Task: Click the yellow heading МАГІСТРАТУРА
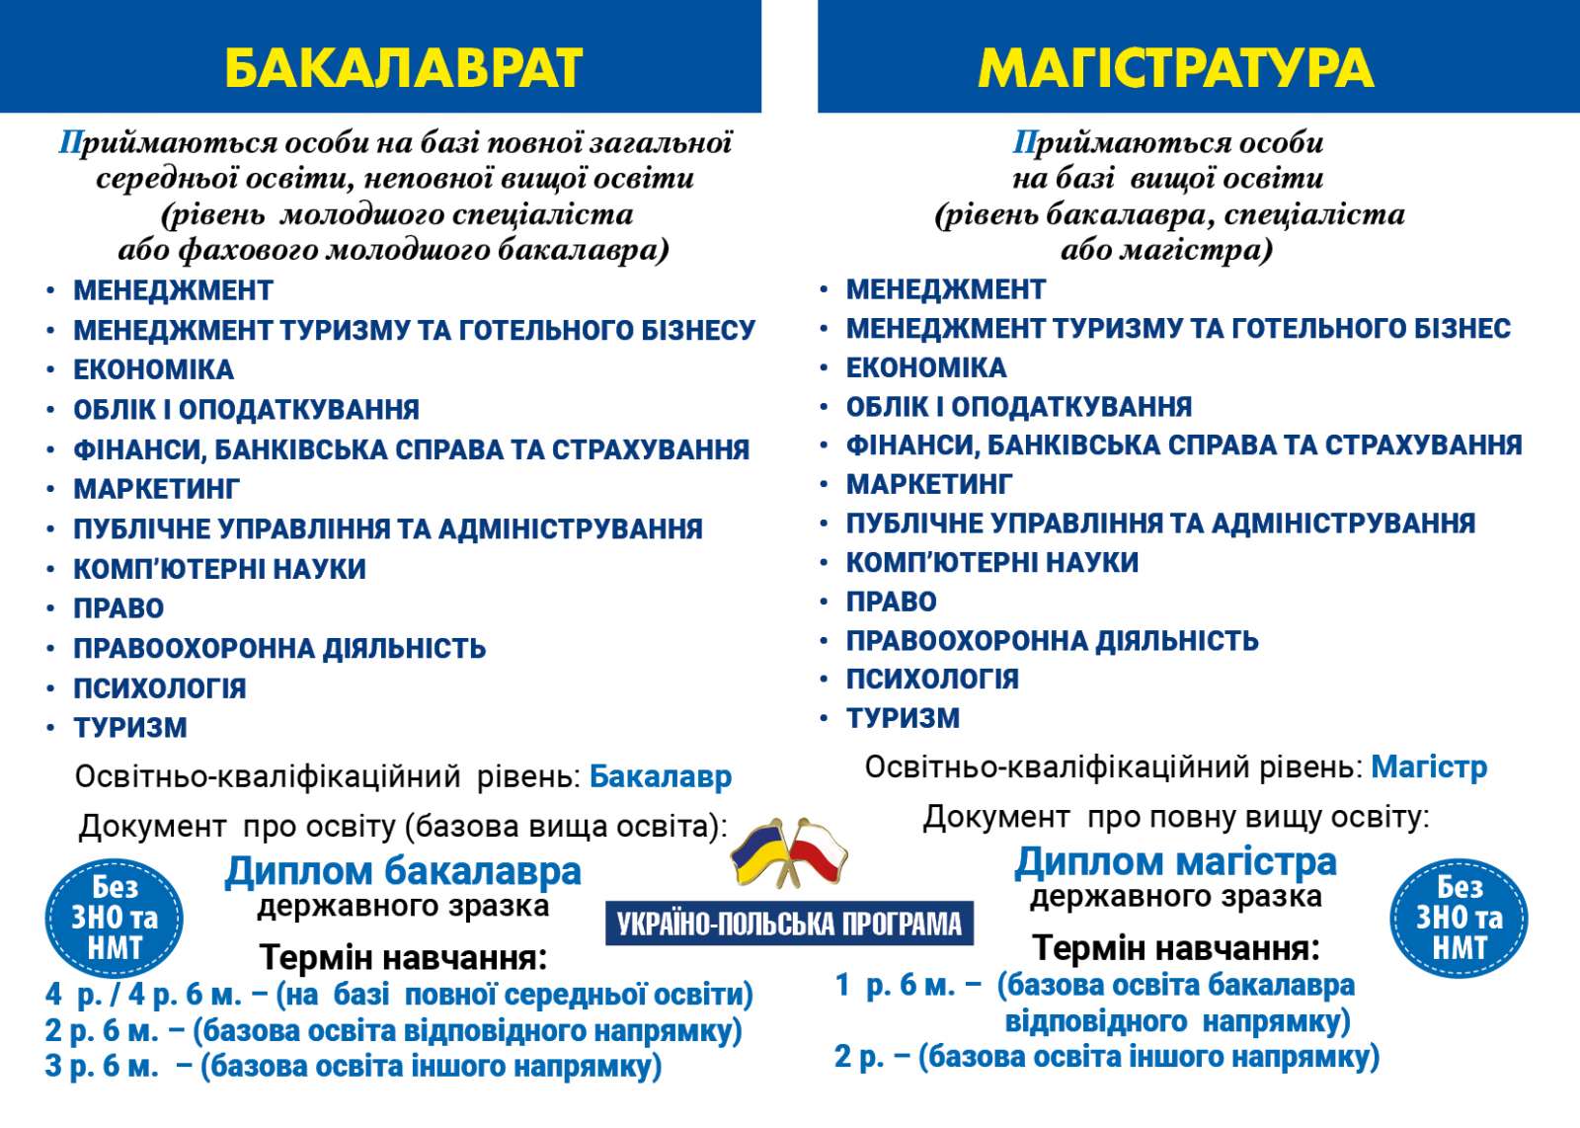tap(1175, 67)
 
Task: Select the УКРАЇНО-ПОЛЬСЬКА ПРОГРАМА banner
tap(789, 924)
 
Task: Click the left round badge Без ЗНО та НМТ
tap(115, 918)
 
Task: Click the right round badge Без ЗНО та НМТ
tap(1459, 918)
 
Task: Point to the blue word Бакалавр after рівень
tap(660, 776)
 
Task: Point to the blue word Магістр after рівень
tap(1428, 766)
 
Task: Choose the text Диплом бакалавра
tap(403, 871)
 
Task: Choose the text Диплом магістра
tap(1175, 861)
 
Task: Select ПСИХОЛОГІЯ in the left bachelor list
tap(159, 687)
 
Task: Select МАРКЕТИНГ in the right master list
tap(928, 484)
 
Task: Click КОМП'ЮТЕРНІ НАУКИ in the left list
tap(219, 569)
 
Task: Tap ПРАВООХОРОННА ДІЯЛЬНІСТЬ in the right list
tap(1052, 641)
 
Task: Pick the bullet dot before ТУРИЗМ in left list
tap(50, 729)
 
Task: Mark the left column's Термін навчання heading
tap(403, 957)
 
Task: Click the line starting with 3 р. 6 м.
tap(353, 1067)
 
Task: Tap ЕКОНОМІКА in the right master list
tap(926, 367)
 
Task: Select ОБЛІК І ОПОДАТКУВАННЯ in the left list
tap(246, 410)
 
